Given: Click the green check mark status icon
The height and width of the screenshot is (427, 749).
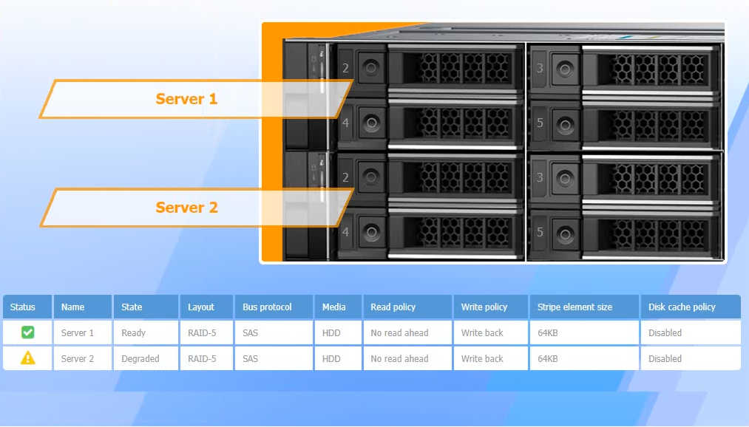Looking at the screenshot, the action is [27, 332].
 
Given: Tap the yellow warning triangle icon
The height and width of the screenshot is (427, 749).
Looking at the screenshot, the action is [27, 358].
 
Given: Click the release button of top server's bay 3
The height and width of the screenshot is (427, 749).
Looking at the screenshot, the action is [565, 69].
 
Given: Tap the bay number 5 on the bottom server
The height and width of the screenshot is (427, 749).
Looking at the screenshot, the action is [540, 233].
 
